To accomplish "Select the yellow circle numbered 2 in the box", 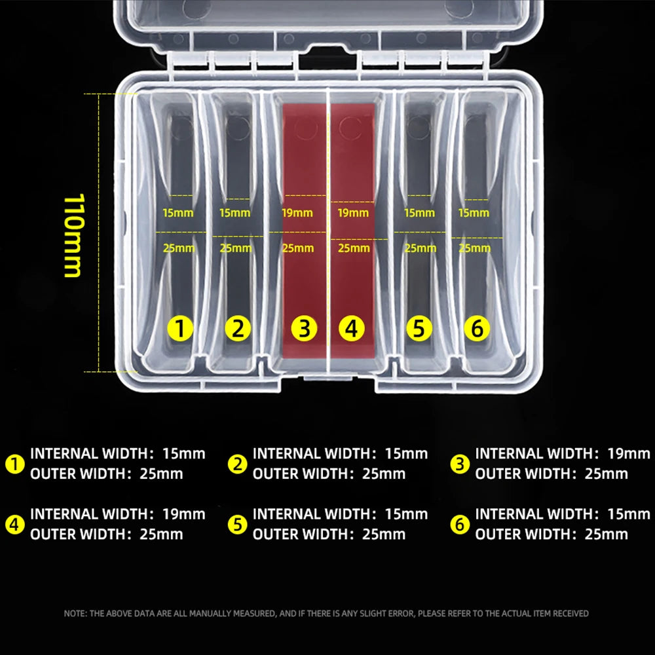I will pyautogui.click(x=237, y=328).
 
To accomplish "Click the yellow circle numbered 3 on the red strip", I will pyautogui.click(x=304, y=328).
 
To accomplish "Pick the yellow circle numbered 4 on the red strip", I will pyautogui.click(x=352, y=328).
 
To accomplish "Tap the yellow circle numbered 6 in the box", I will pyautogui.click(x=477, y=328).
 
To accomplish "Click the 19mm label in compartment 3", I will pyautogui.click(x=297, y=213).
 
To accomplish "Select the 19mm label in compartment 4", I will pyautogui.click(x=353, y=213).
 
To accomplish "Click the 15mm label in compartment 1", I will pyautogui.click(x=178, y=213).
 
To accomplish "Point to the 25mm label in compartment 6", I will pyautogui.click(x=475, y=248).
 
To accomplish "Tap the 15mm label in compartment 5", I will pyautogui.click(x=419, y=213).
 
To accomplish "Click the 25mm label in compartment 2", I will pyautogui.click(x=235, y=248).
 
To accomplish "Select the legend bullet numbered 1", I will pyautogui.click(x=14, y=464).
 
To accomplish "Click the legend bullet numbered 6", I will pyautogui.click(x=460, y=524).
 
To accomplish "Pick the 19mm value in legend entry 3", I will pyautogui.click(x=629, y=453).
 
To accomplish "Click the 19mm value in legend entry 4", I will pyautogui.click(x=183, y=514).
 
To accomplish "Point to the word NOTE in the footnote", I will pyautogui.click(x=74, y=614).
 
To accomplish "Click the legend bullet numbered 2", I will pyautogui.click(x=237, y=464).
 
